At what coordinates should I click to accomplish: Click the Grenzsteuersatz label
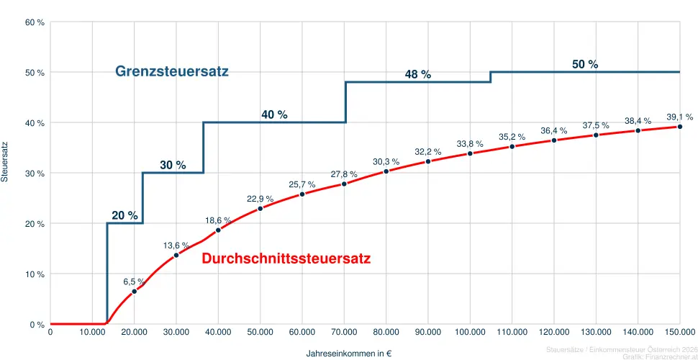172,71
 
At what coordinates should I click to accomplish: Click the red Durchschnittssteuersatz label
286,258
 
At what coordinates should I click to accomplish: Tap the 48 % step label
417,75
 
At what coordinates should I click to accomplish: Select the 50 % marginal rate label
585,64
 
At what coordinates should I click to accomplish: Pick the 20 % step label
124,215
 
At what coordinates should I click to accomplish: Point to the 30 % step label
173,165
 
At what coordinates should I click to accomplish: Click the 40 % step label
274,114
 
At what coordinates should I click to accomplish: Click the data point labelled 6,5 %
134,291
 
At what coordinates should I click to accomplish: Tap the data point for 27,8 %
344,184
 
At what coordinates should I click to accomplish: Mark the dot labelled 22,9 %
260,209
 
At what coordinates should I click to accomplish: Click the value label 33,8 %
470,144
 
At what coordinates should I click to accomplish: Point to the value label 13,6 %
176,246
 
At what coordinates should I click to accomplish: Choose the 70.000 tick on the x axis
344,332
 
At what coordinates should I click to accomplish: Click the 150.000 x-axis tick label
679,332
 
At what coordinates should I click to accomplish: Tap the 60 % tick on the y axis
35,22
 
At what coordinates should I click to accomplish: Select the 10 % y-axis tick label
35,274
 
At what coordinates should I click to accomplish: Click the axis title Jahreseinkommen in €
348,354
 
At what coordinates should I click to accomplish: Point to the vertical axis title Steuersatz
5,161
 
